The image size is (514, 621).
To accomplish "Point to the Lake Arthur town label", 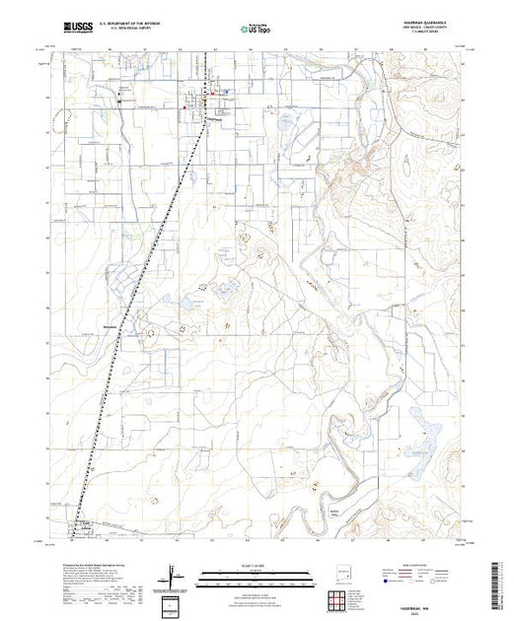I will pyautogui.click(x=83, y=526).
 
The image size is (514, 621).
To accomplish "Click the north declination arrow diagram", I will pyautogui.click(x=175, y=571).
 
